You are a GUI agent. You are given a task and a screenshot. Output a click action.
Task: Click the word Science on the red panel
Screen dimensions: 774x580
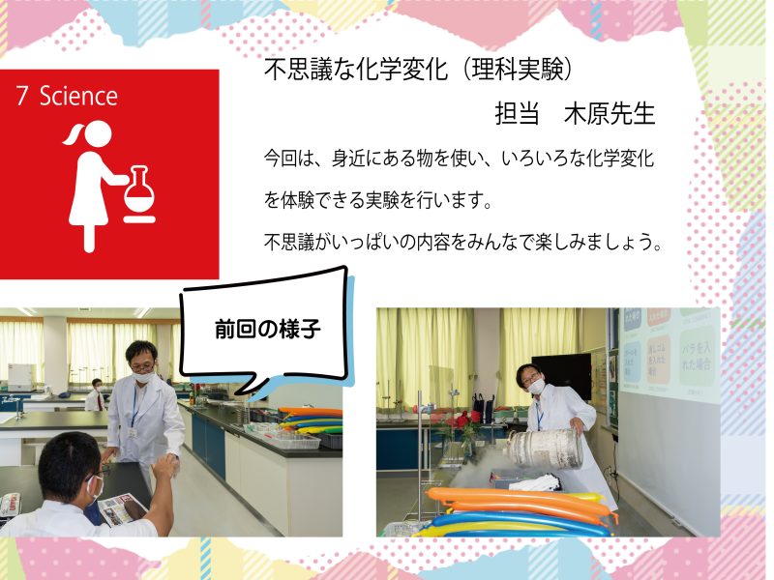pyautogui.click(x=79, y=96)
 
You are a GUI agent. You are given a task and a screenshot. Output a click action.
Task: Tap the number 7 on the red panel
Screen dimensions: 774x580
pyautogui.click(x=21, y=96)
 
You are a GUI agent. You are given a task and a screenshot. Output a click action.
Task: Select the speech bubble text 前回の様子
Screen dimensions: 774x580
pyautogui.click(x=268, y=329)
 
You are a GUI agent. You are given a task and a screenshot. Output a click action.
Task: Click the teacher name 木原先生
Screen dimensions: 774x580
pyautogui.click(x=610, y=113)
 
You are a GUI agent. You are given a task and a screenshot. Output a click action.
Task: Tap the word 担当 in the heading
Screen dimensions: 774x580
pyautogui.click(x=517, y=113)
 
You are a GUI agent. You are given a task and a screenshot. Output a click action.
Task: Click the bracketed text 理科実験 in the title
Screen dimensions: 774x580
pyautogui.click(x=518, y=69)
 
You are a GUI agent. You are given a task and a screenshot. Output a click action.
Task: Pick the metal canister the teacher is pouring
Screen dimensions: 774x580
pyautogui.click(x=547, y=449)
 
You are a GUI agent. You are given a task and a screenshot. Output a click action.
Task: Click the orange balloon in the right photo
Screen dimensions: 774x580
pyautogui.click(x=519, y=501)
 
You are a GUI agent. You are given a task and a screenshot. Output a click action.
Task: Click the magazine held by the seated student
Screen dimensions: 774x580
pyautogui.click(x=120, y=510)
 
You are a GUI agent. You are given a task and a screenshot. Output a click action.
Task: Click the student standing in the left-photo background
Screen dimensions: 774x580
pyautogui.click(x=96, y=395)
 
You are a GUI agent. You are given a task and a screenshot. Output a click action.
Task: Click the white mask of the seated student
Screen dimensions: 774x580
pyautogui.click(x=95, y=488)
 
